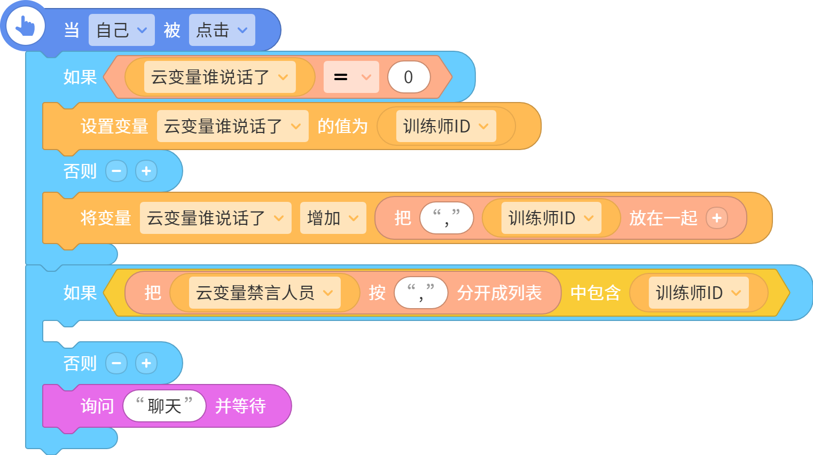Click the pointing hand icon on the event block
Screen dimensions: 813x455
point(25,26)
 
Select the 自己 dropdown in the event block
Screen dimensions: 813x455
point(122,30)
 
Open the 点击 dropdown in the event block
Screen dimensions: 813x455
point(222,30)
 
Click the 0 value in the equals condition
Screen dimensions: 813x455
point(409,77)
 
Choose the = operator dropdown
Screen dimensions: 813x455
point(351,77)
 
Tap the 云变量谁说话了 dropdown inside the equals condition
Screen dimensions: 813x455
point(220,77)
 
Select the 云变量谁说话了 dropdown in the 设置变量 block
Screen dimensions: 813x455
point(233,126)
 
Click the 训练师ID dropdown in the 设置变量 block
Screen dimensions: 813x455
point(446,126)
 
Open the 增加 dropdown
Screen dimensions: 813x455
point(333,218)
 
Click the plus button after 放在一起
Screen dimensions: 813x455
point(717,218)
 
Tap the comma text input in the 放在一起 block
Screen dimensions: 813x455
point(447,218)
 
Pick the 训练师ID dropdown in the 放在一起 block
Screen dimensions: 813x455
point(551,218)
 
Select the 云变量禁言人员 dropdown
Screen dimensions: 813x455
point(265,293)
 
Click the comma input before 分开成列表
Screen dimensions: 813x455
point(421,293)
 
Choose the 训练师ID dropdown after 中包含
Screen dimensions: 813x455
point(699,293)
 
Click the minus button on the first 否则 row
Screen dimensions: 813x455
point(116,171)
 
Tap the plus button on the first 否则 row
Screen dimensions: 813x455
point(146,171)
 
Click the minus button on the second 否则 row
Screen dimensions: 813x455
point(116,363)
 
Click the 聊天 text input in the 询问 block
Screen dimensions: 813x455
point(165,406)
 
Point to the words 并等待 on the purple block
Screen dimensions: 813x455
point(240,406)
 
